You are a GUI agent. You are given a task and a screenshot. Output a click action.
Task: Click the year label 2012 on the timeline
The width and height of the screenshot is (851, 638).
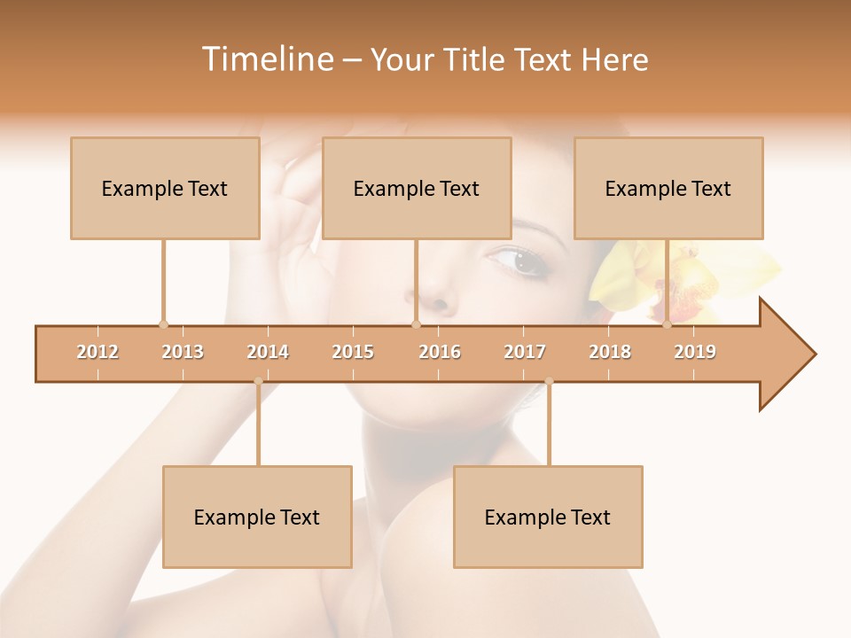point(98,353)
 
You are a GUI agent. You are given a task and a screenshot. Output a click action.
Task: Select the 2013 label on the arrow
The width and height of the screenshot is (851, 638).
point(183,353)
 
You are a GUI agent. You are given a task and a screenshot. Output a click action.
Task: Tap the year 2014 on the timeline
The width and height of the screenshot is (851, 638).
point(268,353)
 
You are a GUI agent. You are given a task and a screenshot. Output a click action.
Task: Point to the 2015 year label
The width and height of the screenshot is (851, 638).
point(353,353)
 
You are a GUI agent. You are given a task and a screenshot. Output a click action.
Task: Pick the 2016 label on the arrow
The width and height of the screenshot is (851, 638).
point(440,353)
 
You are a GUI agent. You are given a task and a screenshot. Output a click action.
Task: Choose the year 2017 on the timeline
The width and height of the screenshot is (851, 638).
point(525,353)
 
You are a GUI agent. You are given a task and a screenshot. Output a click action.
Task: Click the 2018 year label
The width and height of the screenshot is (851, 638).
point(610,353)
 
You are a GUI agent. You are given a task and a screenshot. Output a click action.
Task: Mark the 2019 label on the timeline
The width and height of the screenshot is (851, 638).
point(695,353)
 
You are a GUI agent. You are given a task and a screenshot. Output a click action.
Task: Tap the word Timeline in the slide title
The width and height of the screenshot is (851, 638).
point(266,59)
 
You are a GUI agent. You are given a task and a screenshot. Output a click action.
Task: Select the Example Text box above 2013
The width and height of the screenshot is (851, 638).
point(165,189)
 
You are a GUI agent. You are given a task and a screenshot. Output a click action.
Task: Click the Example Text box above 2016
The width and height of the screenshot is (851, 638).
point(417,189)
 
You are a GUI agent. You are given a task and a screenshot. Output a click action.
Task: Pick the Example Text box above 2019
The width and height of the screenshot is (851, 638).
point(668,189)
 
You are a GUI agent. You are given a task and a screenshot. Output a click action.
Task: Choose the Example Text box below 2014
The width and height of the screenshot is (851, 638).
point(257,517)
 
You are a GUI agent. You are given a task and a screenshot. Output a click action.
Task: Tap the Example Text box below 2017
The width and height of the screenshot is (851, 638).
point(548,517)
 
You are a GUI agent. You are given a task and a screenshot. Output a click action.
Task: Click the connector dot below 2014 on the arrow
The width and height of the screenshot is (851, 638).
point(258,382)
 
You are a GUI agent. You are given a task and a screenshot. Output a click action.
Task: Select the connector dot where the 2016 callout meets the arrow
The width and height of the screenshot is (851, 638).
point(416,324)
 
